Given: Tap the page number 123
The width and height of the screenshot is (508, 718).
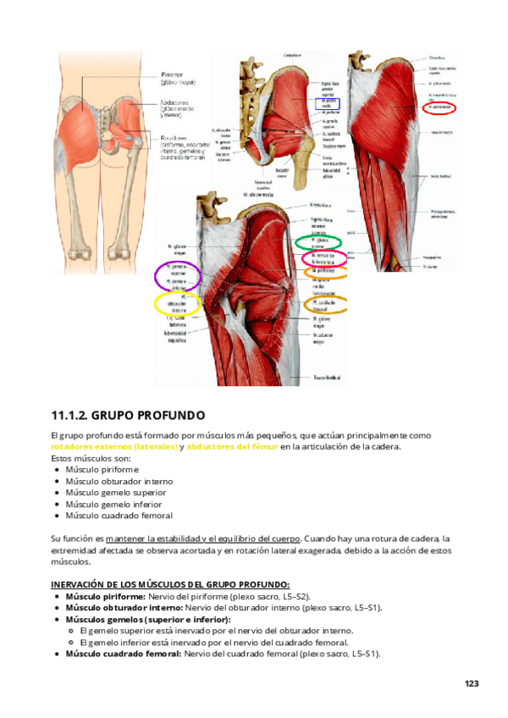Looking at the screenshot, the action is click(x=472, y=682).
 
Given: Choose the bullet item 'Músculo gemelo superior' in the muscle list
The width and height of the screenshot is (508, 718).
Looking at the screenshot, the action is click(x=115, y=492).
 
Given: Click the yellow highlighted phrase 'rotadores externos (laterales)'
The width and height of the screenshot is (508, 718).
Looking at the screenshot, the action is click(x=113, y=446).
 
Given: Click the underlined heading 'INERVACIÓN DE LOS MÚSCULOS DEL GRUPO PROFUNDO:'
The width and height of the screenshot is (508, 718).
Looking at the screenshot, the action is click(x=170, y=584).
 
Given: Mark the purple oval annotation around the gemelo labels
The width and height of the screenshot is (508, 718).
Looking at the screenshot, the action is click(x=177, y=276).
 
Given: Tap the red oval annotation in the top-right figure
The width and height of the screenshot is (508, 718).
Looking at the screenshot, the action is click(x=439, y=108).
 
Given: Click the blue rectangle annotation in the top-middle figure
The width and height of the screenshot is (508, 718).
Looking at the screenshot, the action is click(x=328, y=102).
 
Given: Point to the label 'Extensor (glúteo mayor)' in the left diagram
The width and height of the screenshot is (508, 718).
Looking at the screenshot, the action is click(x=178, y=78).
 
